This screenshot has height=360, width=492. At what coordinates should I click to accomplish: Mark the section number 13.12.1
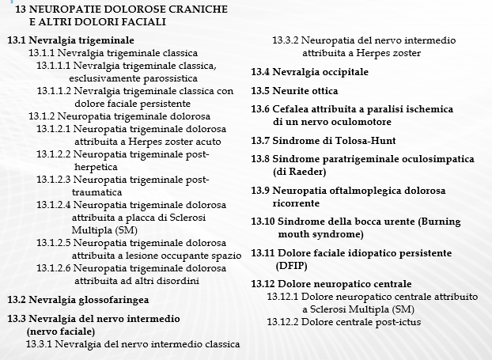click(x=283, y=297)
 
